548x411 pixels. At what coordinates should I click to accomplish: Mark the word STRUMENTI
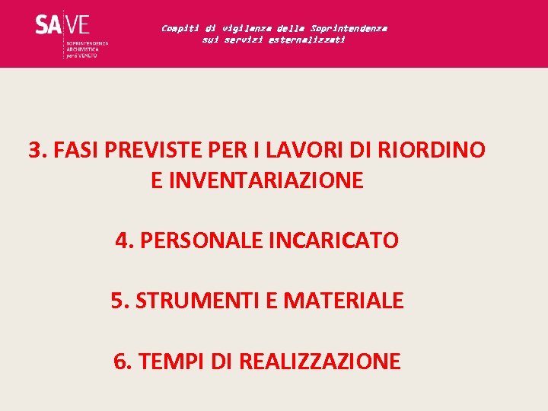[x=196, y=301]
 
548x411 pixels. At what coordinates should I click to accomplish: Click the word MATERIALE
[x=343, y=301]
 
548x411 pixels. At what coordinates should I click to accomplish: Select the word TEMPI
[x=167, y=362]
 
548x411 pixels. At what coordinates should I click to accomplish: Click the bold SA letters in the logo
[x=47, y=25]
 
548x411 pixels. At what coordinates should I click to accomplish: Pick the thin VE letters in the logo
[x=78, y=25]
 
